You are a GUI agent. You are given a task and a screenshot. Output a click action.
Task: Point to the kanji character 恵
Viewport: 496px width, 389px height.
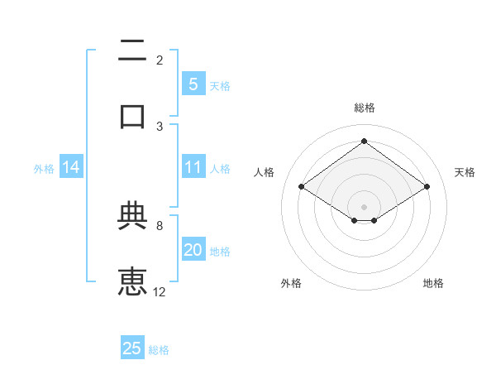pyautogui.click(x=132, y=281)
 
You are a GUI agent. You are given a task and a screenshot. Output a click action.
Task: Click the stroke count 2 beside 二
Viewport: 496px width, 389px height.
pyautogui.click(x=160, y=60)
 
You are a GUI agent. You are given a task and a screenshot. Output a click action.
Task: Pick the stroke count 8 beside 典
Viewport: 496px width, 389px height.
pyautogui.click(x=160, y=225)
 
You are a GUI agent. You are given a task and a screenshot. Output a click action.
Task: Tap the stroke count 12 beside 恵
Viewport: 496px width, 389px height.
pyautogui.click(x=160, y=291)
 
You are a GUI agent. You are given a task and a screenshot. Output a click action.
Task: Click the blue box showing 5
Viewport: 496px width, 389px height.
pyautogui.click(x=193, y=84)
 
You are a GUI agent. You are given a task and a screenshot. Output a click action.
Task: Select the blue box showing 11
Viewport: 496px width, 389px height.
pyautogui.click(x=193, y=168)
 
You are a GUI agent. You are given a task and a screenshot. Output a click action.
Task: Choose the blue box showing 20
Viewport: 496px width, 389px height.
pyautogui.click(x=193, y=250)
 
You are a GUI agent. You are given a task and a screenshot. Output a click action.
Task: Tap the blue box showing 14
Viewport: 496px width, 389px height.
pyautogui.click(x=71, y=168)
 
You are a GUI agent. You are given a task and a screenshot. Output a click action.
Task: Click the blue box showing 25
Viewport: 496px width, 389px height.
pyautogui.click(x=132, y=348)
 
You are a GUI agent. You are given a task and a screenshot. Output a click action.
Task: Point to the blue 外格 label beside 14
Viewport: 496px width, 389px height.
pyautogui.click(x=44, y=169)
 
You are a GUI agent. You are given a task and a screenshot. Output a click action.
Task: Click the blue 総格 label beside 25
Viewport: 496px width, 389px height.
pyautogui.click(x=159, y=350)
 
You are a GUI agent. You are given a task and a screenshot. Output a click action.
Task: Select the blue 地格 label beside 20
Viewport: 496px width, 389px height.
pyautogui.click(x=220, y=252)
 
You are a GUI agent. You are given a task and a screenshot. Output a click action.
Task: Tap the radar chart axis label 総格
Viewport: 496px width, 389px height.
pyautogui.click(x=364, y=108)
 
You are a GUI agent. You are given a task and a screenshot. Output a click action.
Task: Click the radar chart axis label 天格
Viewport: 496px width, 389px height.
pyautogui.click(x=465, y=172)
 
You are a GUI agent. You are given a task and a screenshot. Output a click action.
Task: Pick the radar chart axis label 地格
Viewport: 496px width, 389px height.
pyautogui.click(x=433, y=284)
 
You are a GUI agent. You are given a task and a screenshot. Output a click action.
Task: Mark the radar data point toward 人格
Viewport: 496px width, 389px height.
pyautogui.click(x=302, y=187)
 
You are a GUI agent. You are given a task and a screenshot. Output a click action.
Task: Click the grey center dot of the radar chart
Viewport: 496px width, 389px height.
pyautogui.click(x=364, y=206)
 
